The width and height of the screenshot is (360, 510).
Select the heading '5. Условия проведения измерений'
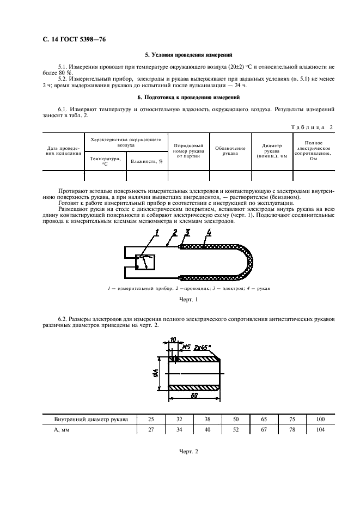(188, 55)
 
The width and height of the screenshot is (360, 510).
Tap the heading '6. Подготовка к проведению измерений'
(188, 98)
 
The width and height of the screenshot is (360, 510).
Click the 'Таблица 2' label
(312, 127)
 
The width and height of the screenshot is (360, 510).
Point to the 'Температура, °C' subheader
(105, 161)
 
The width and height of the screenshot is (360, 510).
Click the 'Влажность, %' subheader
(147, 161)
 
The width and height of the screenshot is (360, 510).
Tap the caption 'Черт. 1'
(188, 300)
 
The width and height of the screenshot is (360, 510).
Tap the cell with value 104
(320, 430)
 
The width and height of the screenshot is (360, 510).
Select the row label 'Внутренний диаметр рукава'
(91, 420)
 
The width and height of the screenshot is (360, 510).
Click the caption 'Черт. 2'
(188, 452)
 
